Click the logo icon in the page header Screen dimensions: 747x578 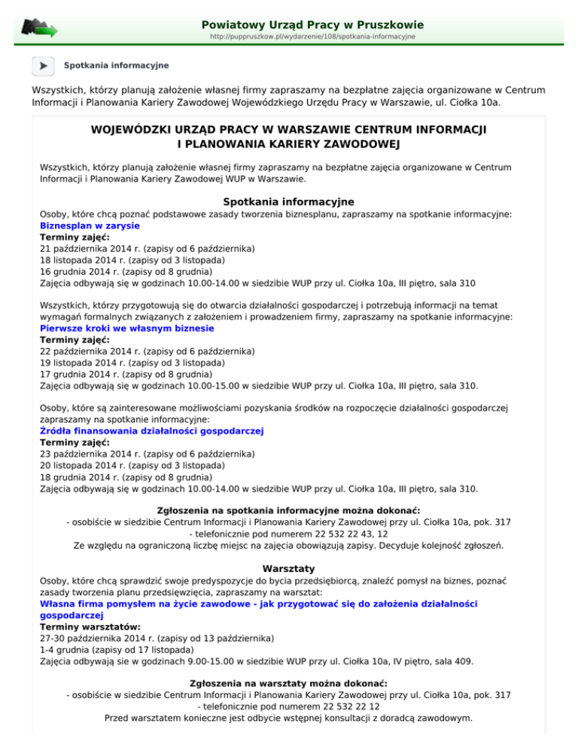click(39, 29)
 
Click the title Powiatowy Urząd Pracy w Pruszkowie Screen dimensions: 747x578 click(308, 25)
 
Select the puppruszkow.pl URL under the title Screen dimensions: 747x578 click(308, 36)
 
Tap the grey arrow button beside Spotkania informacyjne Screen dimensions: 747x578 click(43, 65)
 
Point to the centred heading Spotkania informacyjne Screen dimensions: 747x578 click(289, 201)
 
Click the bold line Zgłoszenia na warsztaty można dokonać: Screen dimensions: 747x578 click(289, 682)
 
